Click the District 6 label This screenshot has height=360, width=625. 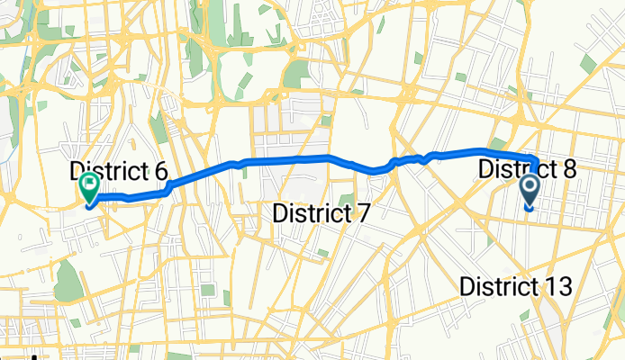[119, 171]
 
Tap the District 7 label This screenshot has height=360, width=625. [322, 213]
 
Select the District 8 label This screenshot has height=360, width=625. [527, 168]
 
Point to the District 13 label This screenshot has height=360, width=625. [516, 286]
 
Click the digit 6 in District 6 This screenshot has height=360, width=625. [160, 171]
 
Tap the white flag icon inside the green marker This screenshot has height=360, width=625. [90, 185]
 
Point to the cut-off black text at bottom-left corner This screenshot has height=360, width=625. [18, 356]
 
